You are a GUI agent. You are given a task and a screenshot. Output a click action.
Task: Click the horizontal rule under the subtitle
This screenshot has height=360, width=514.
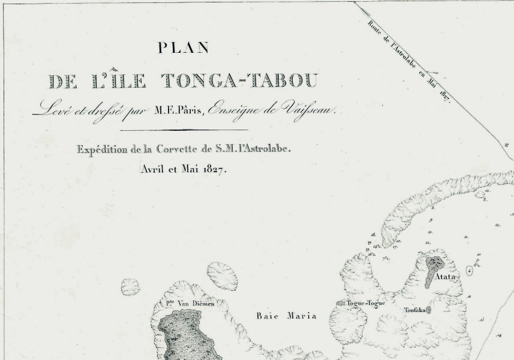(184, 129)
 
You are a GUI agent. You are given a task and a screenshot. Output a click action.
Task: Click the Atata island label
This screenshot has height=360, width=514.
(448, 277)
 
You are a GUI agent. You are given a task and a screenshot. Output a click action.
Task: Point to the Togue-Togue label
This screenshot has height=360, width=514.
(365, 303)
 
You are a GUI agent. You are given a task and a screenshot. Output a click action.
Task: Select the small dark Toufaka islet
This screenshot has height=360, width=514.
(428, 310)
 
